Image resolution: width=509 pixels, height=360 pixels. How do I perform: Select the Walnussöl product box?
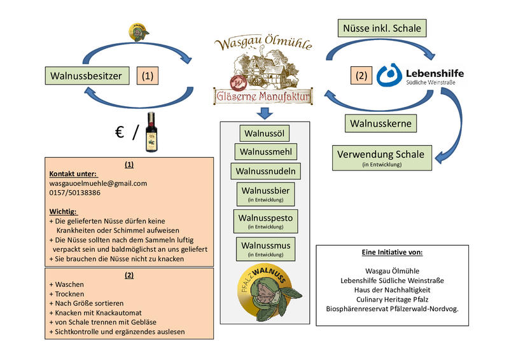coord(264,133)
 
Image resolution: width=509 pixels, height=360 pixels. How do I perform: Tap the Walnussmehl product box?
coord(265,152)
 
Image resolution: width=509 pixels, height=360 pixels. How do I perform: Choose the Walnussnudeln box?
coord(265,171)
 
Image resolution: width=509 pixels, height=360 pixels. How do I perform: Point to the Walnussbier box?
coord(265,193)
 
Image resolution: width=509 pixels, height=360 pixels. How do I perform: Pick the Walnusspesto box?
coord(265,220)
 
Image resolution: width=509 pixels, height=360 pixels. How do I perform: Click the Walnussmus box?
coord(265,247)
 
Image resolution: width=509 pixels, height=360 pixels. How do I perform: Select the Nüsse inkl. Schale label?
coord(382,28)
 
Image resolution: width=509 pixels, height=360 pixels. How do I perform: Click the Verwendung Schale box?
coord(382,157)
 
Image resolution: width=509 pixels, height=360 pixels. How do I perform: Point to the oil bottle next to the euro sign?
coord(151,132)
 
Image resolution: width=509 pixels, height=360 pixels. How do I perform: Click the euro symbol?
coord(119,132)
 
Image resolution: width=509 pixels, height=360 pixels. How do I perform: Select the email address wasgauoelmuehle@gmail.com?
coord(98,183)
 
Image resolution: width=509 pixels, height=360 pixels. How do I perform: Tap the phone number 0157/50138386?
coord(75,192)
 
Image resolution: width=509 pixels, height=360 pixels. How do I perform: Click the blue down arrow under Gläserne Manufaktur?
coord(265,113)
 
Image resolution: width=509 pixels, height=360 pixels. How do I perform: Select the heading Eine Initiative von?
coord(392,253)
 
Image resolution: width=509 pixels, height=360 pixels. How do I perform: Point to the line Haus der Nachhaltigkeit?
coord(392,289)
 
